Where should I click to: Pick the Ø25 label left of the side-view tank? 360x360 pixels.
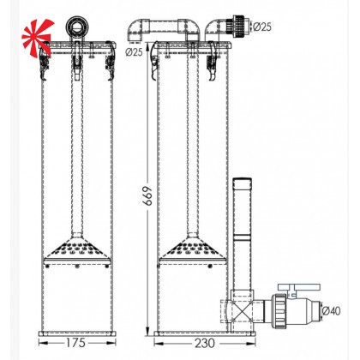(134, 52)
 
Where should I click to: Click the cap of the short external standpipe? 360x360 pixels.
(242, 182)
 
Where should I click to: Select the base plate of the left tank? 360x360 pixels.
(77, 331)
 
